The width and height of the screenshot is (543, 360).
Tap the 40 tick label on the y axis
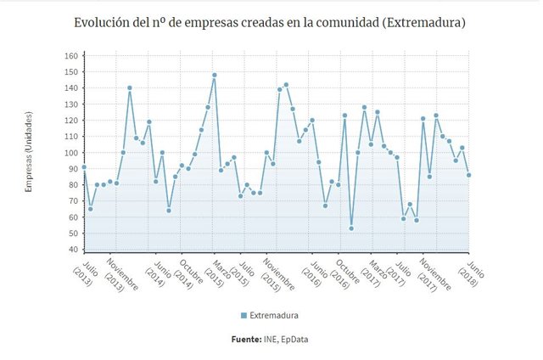click(x=73, y=250)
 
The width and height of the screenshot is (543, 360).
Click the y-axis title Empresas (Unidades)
click(x=28, y=151)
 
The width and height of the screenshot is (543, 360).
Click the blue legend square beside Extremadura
click(x=244, y=316)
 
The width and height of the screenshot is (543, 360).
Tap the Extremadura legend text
click(x=274, y=316)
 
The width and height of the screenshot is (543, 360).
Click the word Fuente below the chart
click(x=246, y=340)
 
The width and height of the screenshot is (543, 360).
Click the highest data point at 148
click(x=215, y=75)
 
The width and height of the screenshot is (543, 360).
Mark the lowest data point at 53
click(x=351, y=228)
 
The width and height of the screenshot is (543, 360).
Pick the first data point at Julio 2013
click(x=83, y=167)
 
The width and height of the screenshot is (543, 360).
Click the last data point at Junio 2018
click(x=468, y=175)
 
